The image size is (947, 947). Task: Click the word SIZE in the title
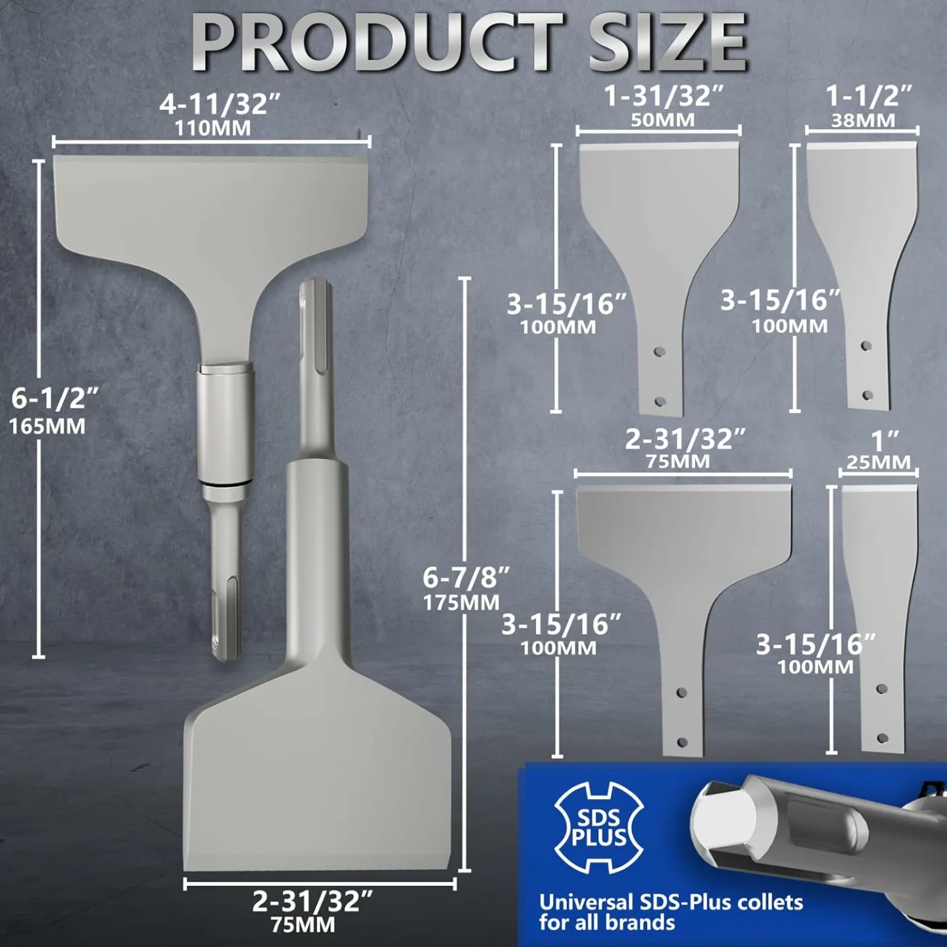667,43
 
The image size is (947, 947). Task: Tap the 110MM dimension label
212,128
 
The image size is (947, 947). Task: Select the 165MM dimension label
47,426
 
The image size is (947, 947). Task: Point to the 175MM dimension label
461,602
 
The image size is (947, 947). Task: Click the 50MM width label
663,120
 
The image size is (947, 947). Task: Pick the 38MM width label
863,121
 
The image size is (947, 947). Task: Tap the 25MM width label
879,462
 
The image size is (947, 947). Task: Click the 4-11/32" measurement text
220,104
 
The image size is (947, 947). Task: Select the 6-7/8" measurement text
466,577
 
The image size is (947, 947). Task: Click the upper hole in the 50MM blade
660,352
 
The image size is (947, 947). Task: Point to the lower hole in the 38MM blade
867,396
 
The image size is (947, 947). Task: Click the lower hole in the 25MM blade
883,739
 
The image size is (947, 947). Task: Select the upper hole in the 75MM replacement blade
681,692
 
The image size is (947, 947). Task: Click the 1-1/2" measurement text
869,97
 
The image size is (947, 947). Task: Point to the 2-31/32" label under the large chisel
312,902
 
